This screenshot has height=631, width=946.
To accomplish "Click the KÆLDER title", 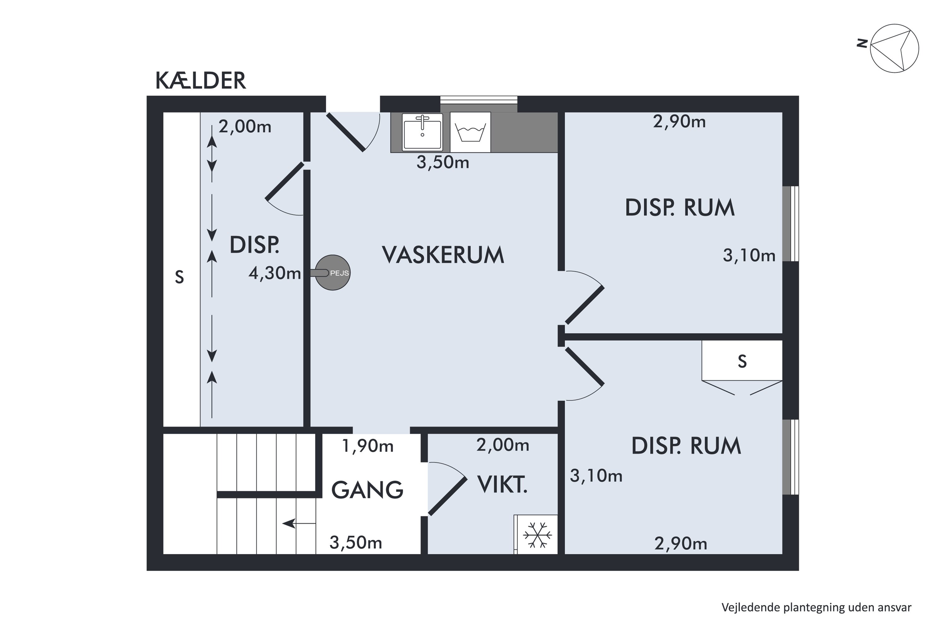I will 200,80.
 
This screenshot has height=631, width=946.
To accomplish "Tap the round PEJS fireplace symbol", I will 333,273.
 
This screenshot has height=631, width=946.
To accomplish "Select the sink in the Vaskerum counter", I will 422,131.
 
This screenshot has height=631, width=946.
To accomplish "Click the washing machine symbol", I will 470,132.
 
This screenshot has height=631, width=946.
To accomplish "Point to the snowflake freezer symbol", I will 537,535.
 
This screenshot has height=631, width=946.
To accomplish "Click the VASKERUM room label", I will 443,255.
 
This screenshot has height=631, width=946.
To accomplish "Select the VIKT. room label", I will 502,485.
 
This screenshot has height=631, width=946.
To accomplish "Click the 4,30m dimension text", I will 275,274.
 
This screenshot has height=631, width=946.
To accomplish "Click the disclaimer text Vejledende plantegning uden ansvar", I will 816,607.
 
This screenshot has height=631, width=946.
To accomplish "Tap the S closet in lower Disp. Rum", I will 742,361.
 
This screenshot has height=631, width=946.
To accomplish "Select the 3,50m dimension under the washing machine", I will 442,162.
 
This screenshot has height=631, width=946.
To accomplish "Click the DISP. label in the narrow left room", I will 254,245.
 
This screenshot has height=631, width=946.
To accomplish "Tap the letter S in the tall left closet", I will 179,277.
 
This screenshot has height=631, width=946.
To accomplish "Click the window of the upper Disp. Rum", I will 790,224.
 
